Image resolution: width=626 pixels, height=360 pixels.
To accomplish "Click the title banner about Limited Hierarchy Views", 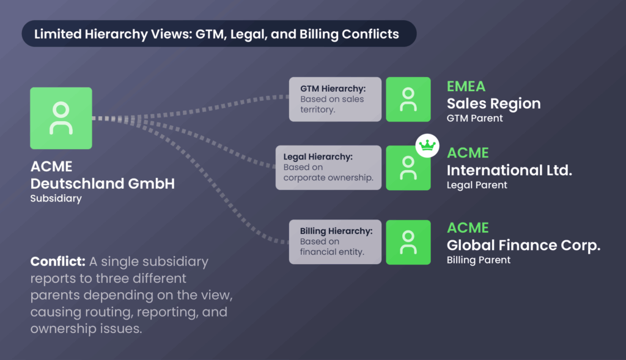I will tap(219, 34).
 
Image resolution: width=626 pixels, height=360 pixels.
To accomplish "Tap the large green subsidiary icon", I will tap(61, 118).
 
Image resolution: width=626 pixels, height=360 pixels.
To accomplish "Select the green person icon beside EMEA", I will tap(408, 99).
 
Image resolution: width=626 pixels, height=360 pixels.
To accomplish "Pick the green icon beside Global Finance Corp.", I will tap(408, 242).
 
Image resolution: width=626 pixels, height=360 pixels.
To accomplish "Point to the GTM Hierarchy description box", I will tap(335, 99).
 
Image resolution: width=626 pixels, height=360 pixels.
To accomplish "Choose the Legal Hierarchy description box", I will tap(329, 167).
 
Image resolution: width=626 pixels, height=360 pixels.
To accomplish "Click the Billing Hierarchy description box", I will tap(335, 242).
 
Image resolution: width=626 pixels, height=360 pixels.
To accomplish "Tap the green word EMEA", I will tap(466, 87).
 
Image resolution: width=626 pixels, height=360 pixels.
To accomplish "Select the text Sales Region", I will tap(493, 103).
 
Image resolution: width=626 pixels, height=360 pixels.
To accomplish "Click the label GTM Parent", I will tap(475, 118).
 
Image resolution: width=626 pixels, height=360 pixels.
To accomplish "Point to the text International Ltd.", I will tap(509, 170).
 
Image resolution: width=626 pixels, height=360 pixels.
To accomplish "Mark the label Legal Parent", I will tap(477, 185).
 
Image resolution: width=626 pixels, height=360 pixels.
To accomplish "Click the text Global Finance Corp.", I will tap(523, 245).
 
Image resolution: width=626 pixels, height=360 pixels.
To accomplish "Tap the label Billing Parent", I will tap(479, 260).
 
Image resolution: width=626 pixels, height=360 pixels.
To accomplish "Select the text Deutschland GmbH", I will tap(102, 183).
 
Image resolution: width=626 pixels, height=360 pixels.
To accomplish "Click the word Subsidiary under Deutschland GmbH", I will tap(56, 199).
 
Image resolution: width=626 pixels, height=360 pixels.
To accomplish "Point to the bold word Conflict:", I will tap(57, 262).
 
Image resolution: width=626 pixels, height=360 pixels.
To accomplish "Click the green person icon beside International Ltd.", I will tap(408, 167).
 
